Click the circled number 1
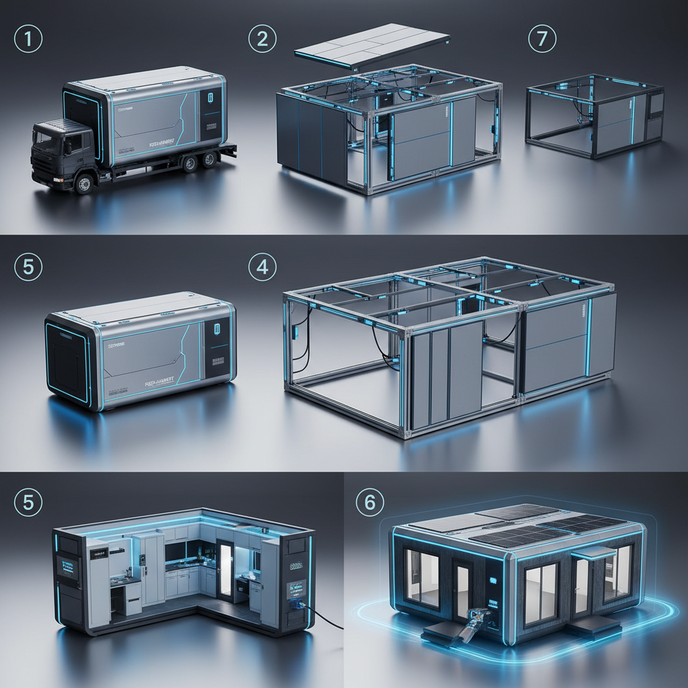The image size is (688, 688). (x=28, y=38)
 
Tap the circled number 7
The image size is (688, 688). (x=542, y=38)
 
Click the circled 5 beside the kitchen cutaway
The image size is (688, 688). (x=28, y=503)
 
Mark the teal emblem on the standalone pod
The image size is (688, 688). (x=216, y=330)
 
